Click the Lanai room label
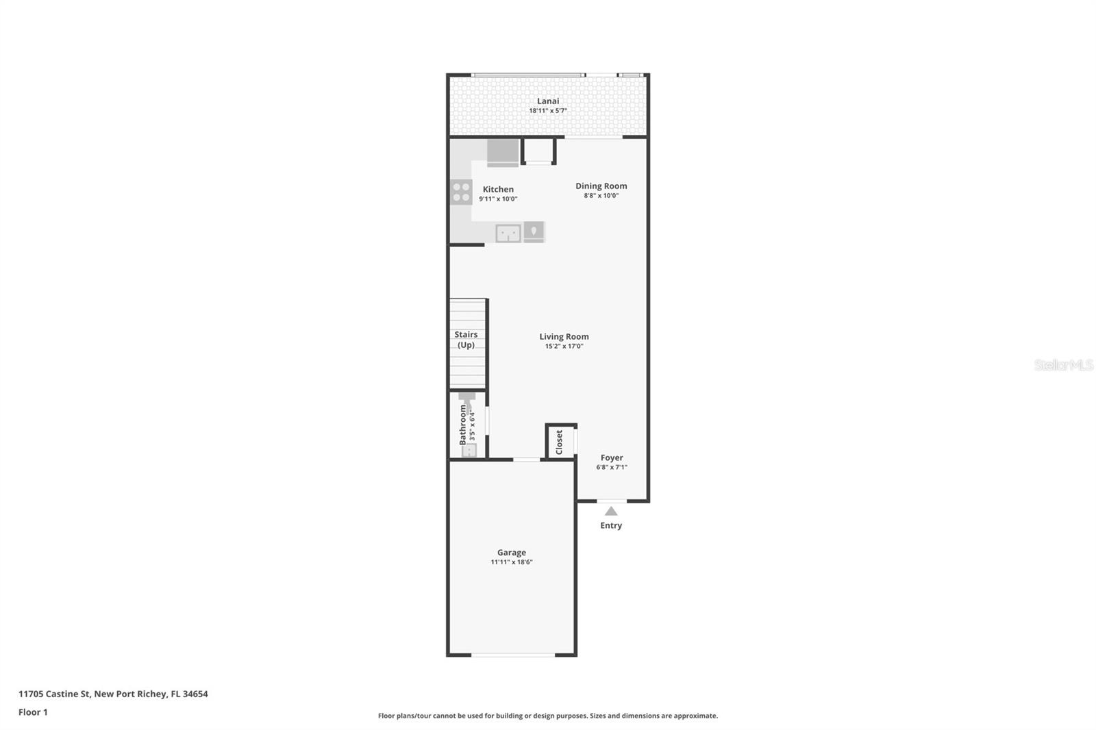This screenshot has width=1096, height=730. coord(547,101)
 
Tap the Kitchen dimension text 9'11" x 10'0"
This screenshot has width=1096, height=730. coord(498,199)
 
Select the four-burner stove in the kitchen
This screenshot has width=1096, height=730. coord(462,192)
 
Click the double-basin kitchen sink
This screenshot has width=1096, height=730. coord(508,234)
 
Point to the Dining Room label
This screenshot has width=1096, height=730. coord(601,186)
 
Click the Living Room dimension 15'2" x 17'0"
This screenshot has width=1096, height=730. coord(564,347)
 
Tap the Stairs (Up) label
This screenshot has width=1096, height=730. coord(466,340)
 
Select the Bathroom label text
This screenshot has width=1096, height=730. coord(463,425)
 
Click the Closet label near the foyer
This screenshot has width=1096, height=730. coord(559,442)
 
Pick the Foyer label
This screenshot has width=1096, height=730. coord(612,457)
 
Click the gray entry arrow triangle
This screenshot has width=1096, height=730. coord(610,511)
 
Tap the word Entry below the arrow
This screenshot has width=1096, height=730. coord(611,525)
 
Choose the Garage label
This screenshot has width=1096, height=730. coord(511,553)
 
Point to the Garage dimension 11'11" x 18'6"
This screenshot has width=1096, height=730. coord(511,562)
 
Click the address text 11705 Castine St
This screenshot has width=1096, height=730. coord(54,694)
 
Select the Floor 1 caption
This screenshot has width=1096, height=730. coord(34,712)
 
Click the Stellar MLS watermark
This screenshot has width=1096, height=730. coord(1064,364)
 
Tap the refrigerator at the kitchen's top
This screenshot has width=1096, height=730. coord(503,153)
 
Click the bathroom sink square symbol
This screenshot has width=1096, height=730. coord(469,450)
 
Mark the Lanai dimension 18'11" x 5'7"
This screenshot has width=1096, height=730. coord(547,110)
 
